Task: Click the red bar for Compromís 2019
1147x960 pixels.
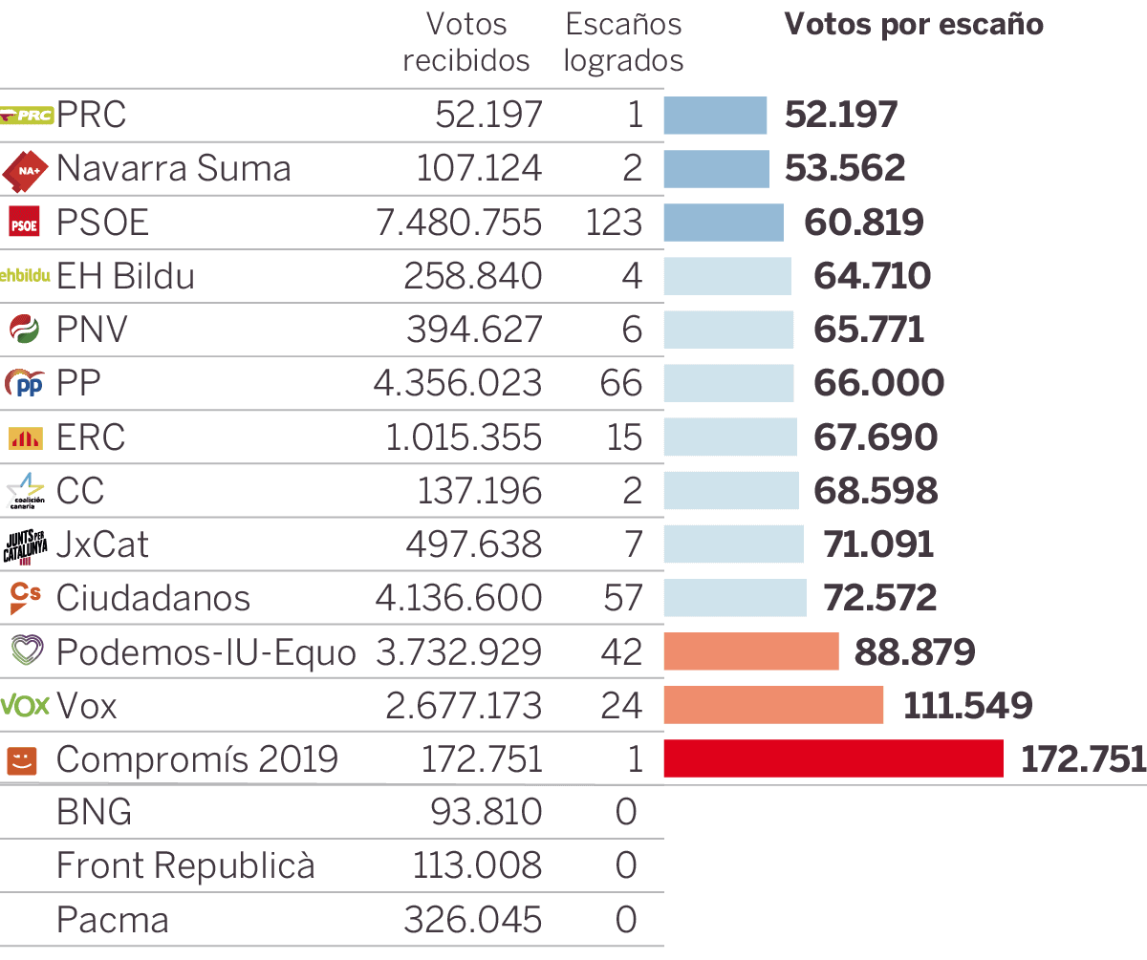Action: (x=833, y=758)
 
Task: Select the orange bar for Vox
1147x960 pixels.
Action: (x=773, y=705)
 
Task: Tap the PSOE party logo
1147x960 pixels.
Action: (x=25, y=223)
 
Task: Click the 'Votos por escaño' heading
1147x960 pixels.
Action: (x=914, y=25)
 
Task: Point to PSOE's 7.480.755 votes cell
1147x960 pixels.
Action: (x=458, y=223)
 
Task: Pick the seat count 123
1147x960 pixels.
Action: (x=614, y=223)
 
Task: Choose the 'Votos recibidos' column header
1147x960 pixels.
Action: (x=466, y=42)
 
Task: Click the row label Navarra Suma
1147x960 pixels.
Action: (x=173, y=169)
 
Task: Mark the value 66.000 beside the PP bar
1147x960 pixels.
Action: (x=878, y=383)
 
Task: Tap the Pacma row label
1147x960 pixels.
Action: (x=113, y=920)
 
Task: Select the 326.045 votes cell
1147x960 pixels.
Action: (x=472, y=920)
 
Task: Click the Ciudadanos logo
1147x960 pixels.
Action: (x=25, y=598)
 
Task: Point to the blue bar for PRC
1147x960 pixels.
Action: (x=715, y=116)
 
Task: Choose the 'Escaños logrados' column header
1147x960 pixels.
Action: (x=623, y=42)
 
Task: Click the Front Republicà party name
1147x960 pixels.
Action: (x=185, y=866)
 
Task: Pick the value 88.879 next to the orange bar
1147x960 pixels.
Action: (x=915, y=652)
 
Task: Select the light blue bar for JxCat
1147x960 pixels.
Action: (x=734, y=544)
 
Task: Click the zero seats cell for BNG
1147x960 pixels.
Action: (x=626, y=813)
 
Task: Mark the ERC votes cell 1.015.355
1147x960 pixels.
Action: (x=464, y=437)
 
